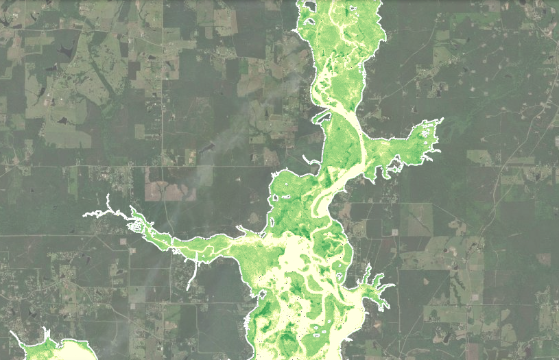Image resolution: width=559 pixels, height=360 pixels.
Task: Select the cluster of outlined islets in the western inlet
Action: click(x=137, y=225)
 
